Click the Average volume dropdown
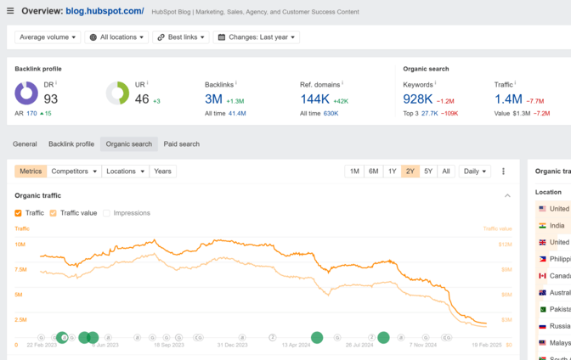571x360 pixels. coord(48,37)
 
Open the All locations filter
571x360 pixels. coord(116,37)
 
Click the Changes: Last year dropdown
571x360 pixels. coord(256,37)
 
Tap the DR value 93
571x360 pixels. coord(51,99)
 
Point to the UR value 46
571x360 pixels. coord(142,99)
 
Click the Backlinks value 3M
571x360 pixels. coord(213,99)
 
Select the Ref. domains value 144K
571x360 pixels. coord(314,99)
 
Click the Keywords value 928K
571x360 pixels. coord(418,99)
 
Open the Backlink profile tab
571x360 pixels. coord(71,144)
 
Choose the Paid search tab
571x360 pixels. coord(181,144)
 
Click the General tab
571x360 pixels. coord(25,144)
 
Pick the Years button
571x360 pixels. coord(162,172)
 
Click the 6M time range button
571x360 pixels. coord(373,172)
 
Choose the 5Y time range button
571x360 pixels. coord(428,172)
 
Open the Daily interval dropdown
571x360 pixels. coord(474,172)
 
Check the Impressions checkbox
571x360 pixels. coord(107,213)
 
